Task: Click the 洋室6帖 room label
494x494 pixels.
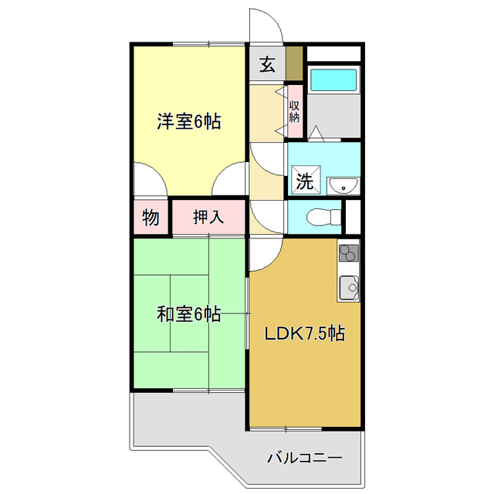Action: click(189, 121)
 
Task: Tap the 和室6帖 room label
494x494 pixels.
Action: click(189, 314)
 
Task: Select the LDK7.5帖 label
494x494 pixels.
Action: click(305, 334)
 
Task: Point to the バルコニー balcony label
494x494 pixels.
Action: click(304, 456)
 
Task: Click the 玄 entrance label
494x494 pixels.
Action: click(266, 65)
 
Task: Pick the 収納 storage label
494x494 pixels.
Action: click(294, 111)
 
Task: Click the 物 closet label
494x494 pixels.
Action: click(151, 218)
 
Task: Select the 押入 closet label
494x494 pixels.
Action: click(208, 218)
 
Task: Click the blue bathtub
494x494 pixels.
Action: click(333, 80)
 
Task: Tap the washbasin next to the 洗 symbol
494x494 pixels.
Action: click(343, 185)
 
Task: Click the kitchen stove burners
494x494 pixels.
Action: click(348, 252)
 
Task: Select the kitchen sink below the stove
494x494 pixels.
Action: click(348, 287)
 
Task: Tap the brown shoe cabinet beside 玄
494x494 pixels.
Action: click(293, 65)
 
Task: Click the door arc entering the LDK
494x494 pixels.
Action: click(264, 253)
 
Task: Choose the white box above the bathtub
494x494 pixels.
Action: click(333, 54)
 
